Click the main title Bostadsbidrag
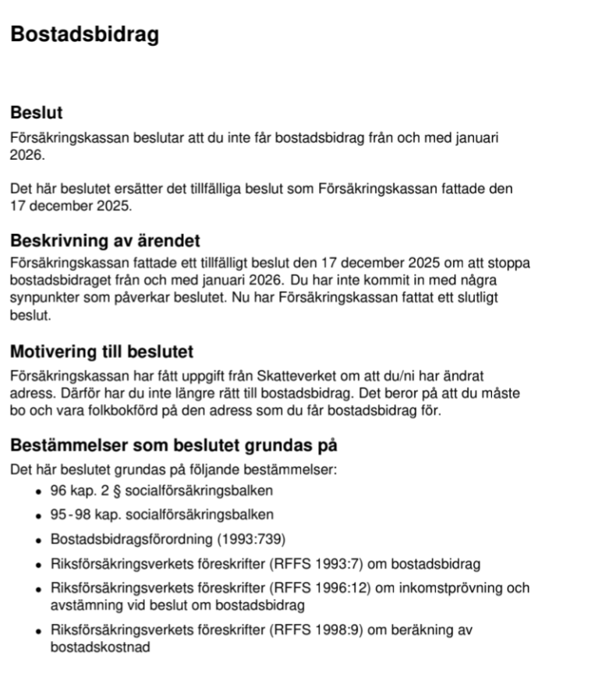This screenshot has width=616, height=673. pos(84,35)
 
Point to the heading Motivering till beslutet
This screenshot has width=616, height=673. pos(101,352)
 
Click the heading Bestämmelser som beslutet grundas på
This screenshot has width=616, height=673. pos(173,447)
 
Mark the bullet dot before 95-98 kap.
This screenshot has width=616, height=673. pos(38,515)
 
